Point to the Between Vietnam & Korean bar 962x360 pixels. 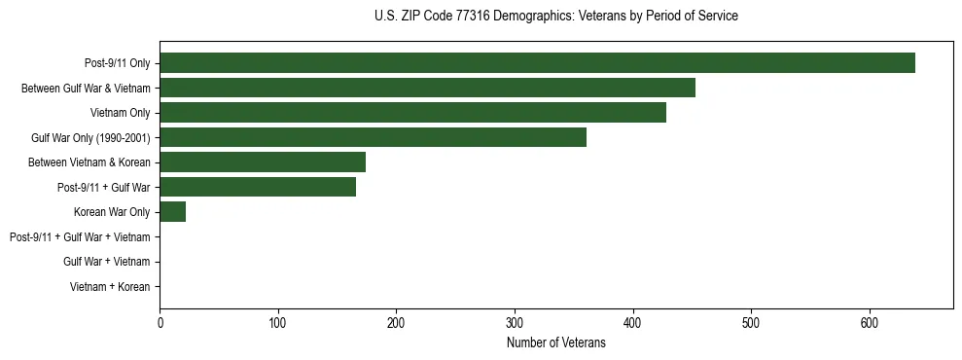tap(263, 162)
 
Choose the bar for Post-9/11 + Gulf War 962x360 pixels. tap(258, 187)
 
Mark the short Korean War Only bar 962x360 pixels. tap(172, 212)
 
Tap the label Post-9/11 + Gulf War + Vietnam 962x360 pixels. tap(80, 237)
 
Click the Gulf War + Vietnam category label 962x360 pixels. tap(107, 262)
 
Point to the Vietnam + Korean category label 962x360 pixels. tap(110, 287)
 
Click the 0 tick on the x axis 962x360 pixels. tap(160, 322)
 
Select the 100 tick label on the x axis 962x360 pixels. tap(278, 322)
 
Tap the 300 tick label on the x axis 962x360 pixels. tap(515, 322)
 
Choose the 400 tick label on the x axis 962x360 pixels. tap(633, 322)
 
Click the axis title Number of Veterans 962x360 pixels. tap(555, 342)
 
